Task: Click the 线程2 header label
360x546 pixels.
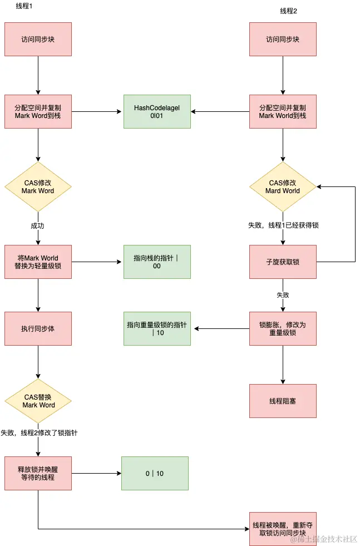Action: [x=288, y=11]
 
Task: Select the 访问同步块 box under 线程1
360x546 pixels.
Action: [x=38, y=40]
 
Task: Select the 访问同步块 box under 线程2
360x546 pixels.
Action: [x=283, y=40]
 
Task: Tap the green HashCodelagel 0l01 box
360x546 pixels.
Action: [x=156, y=112]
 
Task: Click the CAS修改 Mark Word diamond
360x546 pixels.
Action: [x=38, y=187]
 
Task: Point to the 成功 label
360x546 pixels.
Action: [x=38, y=225]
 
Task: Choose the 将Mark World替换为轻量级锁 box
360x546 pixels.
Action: [x=38, y=262]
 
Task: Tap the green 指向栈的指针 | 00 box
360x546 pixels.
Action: [x=156, y=262]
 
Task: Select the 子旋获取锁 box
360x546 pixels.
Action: [x=283, y=262]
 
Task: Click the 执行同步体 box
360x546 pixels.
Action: [x=38, y=328]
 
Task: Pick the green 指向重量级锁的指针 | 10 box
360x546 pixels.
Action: [x=156, y=328]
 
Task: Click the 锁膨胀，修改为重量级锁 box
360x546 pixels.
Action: [x=283, y=328]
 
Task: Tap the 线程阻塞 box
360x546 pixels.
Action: [x=283, y=401]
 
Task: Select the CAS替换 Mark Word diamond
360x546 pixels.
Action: [x=38, y=401]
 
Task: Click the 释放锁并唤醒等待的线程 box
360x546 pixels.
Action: [x=38, y=473]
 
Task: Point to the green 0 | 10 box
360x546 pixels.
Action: [x=155, y=473]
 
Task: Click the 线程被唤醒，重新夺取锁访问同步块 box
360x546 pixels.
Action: [x=283, y=529]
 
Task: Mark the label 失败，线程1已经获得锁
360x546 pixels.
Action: [x=283, y=225]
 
